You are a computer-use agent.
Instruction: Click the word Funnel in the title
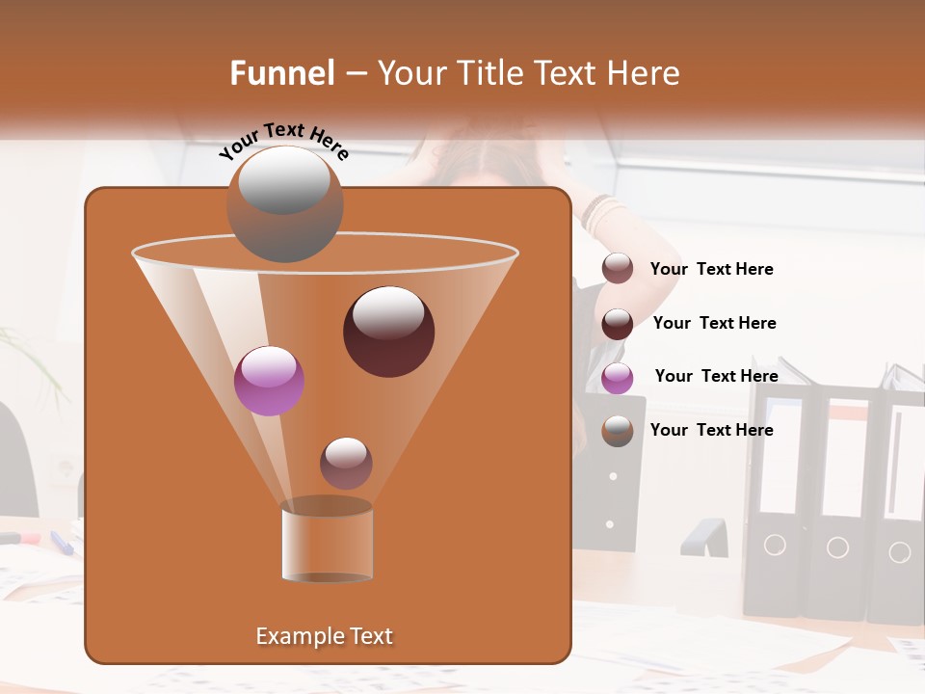(282, 73)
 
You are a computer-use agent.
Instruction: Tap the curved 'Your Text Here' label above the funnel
(284, 141)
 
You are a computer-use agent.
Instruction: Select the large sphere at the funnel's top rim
(284, 203)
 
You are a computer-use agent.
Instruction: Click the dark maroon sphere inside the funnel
(388, 332)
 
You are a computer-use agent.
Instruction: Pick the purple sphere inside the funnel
(269, 381)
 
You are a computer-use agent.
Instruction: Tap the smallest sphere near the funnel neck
(346, 463)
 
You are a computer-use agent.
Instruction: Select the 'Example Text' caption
(324, 636)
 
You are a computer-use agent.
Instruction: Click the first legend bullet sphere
(618, 269)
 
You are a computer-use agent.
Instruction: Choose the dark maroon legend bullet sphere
(618, 324)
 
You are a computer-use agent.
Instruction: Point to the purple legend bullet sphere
(618, 378)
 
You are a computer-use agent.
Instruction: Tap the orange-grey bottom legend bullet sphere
(618, 431)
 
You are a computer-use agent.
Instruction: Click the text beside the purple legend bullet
(716, 376)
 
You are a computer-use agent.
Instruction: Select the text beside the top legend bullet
(711, 269)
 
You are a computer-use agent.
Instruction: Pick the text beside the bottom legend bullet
(711, 430)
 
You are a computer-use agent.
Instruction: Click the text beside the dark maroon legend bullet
(714, 323)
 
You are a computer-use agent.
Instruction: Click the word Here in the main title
(644, 73)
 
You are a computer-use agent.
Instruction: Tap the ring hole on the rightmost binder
(899, 552)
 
